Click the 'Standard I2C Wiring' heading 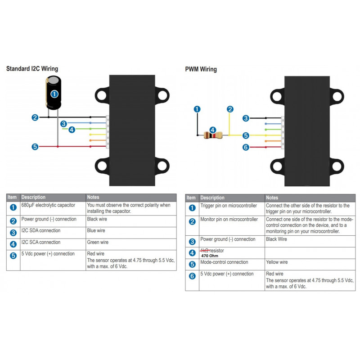pyautogui.click(x=32, y=69)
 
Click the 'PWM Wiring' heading pyautogui.click(x=201, y=69)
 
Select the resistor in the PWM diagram pyautogui.click(x=212, y=134)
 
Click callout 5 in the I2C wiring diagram pyautogui.click(x=35, y=146)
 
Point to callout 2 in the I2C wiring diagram pyautogui.click(x=35, y=117)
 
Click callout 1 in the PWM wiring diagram pyautogui.click(x=197, y=109)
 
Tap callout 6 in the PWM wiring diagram pyautogui.click(x=246, y=147)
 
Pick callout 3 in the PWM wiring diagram pyautogui.click(x=246, y=118)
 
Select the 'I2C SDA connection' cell pyautogui.click(x=41, y=230)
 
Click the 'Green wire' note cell pyautogui.click(x=98, y=242)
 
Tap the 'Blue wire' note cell pyautogui.click(x=96, y=230)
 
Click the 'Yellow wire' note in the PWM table pyautogui.click(x=277, y=262)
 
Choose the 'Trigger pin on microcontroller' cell pyautogui.click(x=229, y=206)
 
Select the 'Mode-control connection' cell pyautogui.click(x=224, y=262)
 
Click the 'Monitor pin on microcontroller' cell pyautogui.click(x=229, y=220)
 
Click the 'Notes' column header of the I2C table pyautogui.click(x=94, y=197)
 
